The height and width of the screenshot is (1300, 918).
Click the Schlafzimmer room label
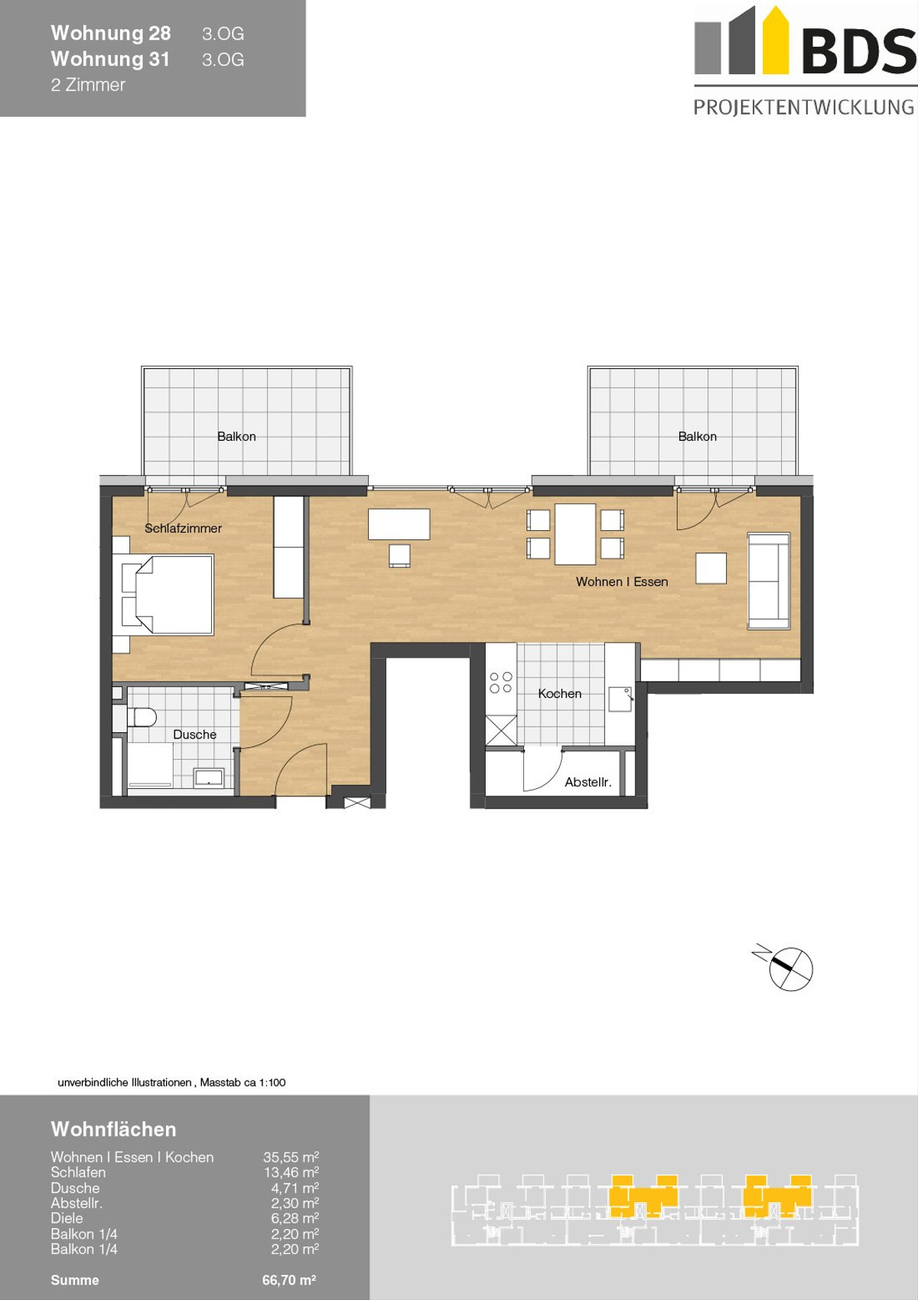coord(183,528)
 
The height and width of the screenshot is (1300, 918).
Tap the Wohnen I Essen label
coord(621,582)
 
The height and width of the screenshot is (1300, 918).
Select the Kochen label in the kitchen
coord(559,693)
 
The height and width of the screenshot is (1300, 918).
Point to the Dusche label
coord(194,734)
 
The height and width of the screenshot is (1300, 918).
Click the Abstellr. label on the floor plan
coord(588,782)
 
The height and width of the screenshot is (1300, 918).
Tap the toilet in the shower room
coord(142,717)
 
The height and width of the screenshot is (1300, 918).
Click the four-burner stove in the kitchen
coord(501,683)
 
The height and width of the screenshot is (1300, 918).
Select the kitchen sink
coord(620,699)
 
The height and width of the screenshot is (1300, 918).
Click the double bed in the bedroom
coord(168,594)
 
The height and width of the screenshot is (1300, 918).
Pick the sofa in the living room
coord(769,581)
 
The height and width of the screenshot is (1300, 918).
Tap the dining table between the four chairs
coord(575,534)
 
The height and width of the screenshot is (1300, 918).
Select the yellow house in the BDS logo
coord(776,40)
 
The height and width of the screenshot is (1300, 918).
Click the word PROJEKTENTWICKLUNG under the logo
coord(804,107)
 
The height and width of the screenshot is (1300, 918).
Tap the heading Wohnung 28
coord(111,33)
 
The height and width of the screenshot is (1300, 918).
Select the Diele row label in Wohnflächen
coord(67,1218)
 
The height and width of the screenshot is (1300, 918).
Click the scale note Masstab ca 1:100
coord(243,1083)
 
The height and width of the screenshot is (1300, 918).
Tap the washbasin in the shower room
coord(208,777)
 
